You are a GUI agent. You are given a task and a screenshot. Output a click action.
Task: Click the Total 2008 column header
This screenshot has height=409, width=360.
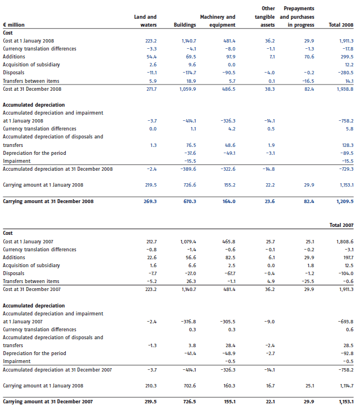(341, 25)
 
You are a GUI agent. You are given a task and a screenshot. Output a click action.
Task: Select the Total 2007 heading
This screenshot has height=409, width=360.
(341, 225)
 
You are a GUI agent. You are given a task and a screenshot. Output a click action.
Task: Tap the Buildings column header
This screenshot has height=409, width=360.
(185, 25)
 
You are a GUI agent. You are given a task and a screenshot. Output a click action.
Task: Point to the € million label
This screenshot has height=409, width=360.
(14, 25)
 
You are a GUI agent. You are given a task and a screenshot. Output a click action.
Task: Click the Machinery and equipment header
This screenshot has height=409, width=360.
(218, 21)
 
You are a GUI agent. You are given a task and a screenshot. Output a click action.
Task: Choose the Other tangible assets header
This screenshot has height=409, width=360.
(265, 16)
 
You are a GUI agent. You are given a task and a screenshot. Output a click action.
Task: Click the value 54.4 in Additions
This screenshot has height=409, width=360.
(151, 57)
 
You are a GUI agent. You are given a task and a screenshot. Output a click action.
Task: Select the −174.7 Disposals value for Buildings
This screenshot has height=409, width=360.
(189, 73)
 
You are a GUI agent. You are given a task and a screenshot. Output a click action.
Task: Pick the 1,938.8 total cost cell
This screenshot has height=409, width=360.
(345, 89)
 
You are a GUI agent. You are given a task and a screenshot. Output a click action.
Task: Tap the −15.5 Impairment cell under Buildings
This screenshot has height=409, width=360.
(190, 161)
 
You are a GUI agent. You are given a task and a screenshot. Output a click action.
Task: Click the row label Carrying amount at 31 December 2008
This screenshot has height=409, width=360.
(48, 201)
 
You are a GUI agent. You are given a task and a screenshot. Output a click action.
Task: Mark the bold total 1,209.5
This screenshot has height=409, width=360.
(345, 201)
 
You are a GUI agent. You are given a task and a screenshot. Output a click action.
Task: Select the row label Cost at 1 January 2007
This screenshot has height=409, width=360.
(28, 242)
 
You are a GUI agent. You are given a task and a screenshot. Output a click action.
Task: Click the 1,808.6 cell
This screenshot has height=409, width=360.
(345, 242)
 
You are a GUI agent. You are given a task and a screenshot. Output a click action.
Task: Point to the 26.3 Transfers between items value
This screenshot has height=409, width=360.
(192, 281)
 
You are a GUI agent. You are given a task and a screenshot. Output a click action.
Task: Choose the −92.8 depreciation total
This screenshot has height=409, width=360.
(347, 353)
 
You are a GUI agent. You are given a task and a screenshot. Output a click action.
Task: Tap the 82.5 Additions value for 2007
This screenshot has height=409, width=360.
(230, 258)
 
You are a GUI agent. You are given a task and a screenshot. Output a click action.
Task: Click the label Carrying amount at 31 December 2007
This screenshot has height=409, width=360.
(48, 402)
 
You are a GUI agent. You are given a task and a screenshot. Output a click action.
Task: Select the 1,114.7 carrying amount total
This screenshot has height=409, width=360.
(347, 386)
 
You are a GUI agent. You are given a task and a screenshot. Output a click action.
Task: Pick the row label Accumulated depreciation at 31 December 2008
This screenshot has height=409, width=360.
(58, 169)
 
